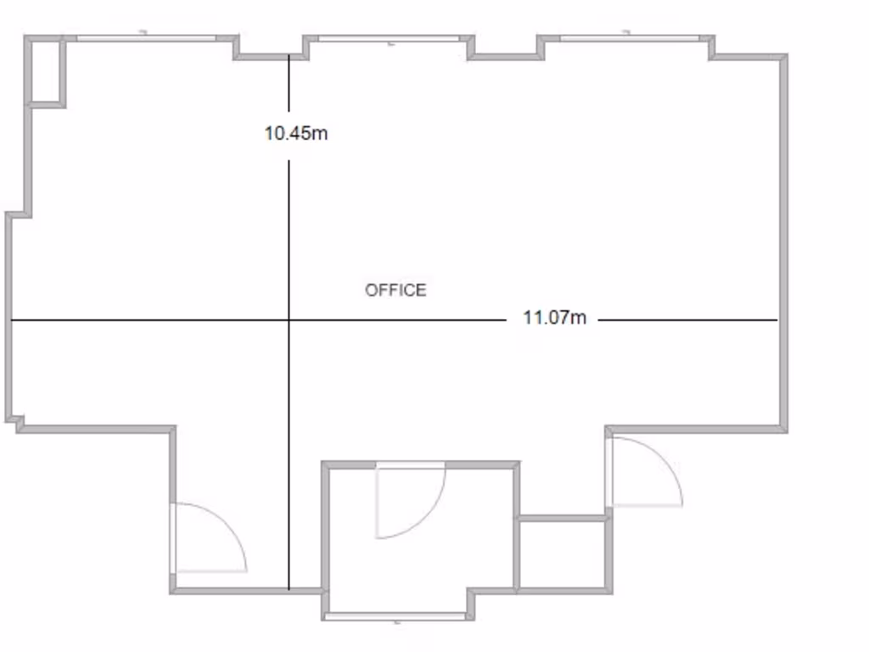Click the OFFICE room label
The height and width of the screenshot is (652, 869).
[x=395, y=290]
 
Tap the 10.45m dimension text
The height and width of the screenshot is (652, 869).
[x=295, y=133]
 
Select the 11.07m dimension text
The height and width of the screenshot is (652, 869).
[x=554, y=319]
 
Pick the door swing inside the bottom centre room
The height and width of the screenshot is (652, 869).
[x=411, y=501]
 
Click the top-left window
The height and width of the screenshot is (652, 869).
[x=146, y=37]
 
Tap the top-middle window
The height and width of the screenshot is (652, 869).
[x=389, y=38]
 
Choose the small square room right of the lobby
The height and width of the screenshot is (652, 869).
[x=562, y=553]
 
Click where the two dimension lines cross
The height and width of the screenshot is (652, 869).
[x=289, y=320]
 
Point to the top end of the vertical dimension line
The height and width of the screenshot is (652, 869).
[x=289, y=56]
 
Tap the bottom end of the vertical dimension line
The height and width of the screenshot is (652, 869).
[x=289, y=588]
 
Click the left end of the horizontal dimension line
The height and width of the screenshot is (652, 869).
[x=12, y=320]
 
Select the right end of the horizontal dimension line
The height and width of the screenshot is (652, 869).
[x=776, y=320]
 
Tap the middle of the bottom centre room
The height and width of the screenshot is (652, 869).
[x=420, y=535]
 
